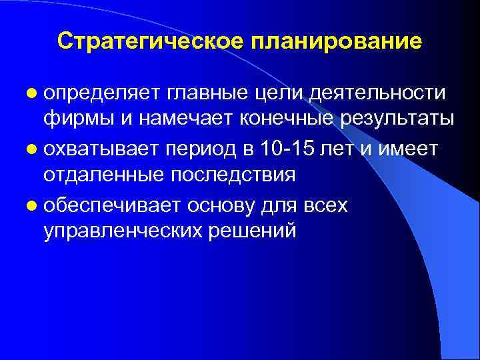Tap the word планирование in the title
pos(336,41)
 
